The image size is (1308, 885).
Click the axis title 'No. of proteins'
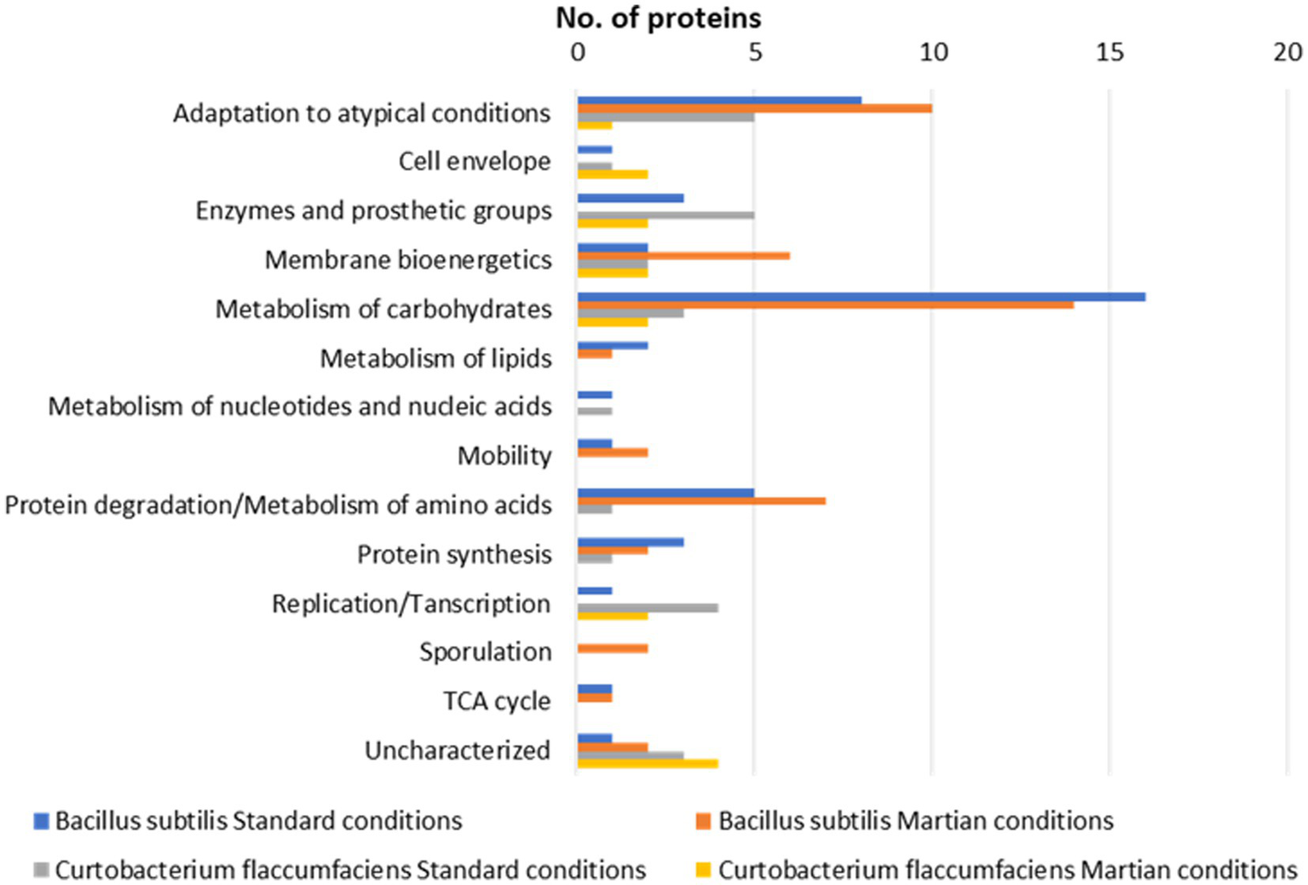[x=658, y=17]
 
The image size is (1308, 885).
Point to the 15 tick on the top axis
[x=1109, y=53]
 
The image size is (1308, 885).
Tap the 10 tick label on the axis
[x=932, y=53]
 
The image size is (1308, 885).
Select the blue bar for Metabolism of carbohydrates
[x=861, y=297]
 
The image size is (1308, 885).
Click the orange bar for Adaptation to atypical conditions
[x=754, y=108]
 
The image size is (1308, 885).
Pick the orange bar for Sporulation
[x=613, y=649]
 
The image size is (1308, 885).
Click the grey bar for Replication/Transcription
[x=648, y=608]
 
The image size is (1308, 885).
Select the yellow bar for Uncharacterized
[x=648, y=764]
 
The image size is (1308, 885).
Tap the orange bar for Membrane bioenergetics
[x=683, y=256]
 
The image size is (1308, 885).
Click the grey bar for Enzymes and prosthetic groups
[x=666, y=215]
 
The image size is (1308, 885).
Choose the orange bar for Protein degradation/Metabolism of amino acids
[x=701, y=501]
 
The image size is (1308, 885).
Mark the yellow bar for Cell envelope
[x=613, y=174]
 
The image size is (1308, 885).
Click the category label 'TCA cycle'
[x=497, y=701]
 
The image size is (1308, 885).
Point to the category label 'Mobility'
[x=504, y=455]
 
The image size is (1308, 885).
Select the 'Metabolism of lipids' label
[x=435, y=358]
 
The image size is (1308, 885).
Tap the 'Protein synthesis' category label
[x=454, y=554]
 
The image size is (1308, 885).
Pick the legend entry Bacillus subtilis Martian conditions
[x=915, y=821]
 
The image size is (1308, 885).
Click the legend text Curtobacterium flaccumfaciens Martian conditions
[x=1007, y=871]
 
